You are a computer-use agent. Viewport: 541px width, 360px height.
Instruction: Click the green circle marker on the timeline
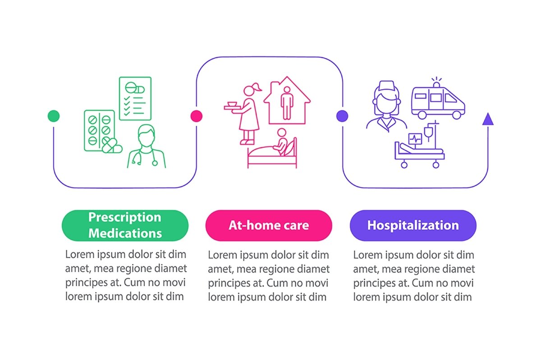(53, 116)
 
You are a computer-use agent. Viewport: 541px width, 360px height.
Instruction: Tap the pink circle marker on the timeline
(196, 116)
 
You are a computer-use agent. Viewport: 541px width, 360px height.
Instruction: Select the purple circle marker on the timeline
(342, 116)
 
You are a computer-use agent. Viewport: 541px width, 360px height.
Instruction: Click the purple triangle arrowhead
(488, 119)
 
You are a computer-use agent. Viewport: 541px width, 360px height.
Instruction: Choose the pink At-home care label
(269, 225)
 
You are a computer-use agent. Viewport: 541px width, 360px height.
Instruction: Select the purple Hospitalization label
(413, 225)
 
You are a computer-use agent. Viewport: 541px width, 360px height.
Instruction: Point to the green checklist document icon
(135, 98)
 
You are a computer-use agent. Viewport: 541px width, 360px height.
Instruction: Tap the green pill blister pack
(99, 130)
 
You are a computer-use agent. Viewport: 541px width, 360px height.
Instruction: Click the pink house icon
(287, 101)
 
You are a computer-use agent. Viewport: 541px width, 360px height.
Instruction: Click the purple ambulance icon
(438, 101)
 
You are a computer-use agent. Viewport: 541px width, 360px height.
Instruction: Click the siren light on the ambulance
(436, 83)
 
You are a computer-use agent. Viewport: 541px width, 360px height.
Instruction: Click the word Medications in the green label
(125, 233)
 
